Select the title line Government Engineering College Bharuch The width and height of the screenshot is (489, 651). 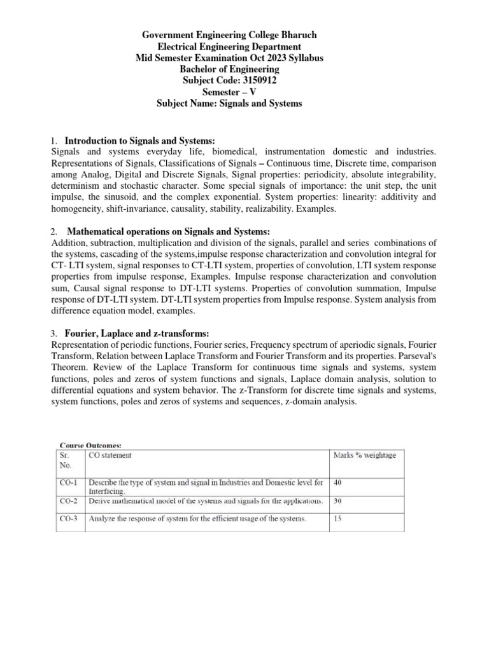point(229,34)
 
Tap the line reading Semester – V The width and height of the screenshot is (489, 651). point(229,92)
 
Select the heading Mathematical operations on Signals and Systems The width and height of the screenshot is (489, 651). point(169,231)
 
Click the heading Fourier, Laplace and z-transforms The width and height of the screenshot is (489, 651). point(137,334)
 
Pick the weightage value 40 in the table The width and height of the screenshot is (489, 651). point(338,483)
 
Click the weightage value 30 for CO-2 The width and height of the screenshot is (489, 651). point(338,501)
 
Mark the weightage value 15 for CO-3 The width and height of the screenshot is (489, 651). point(338,519)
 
